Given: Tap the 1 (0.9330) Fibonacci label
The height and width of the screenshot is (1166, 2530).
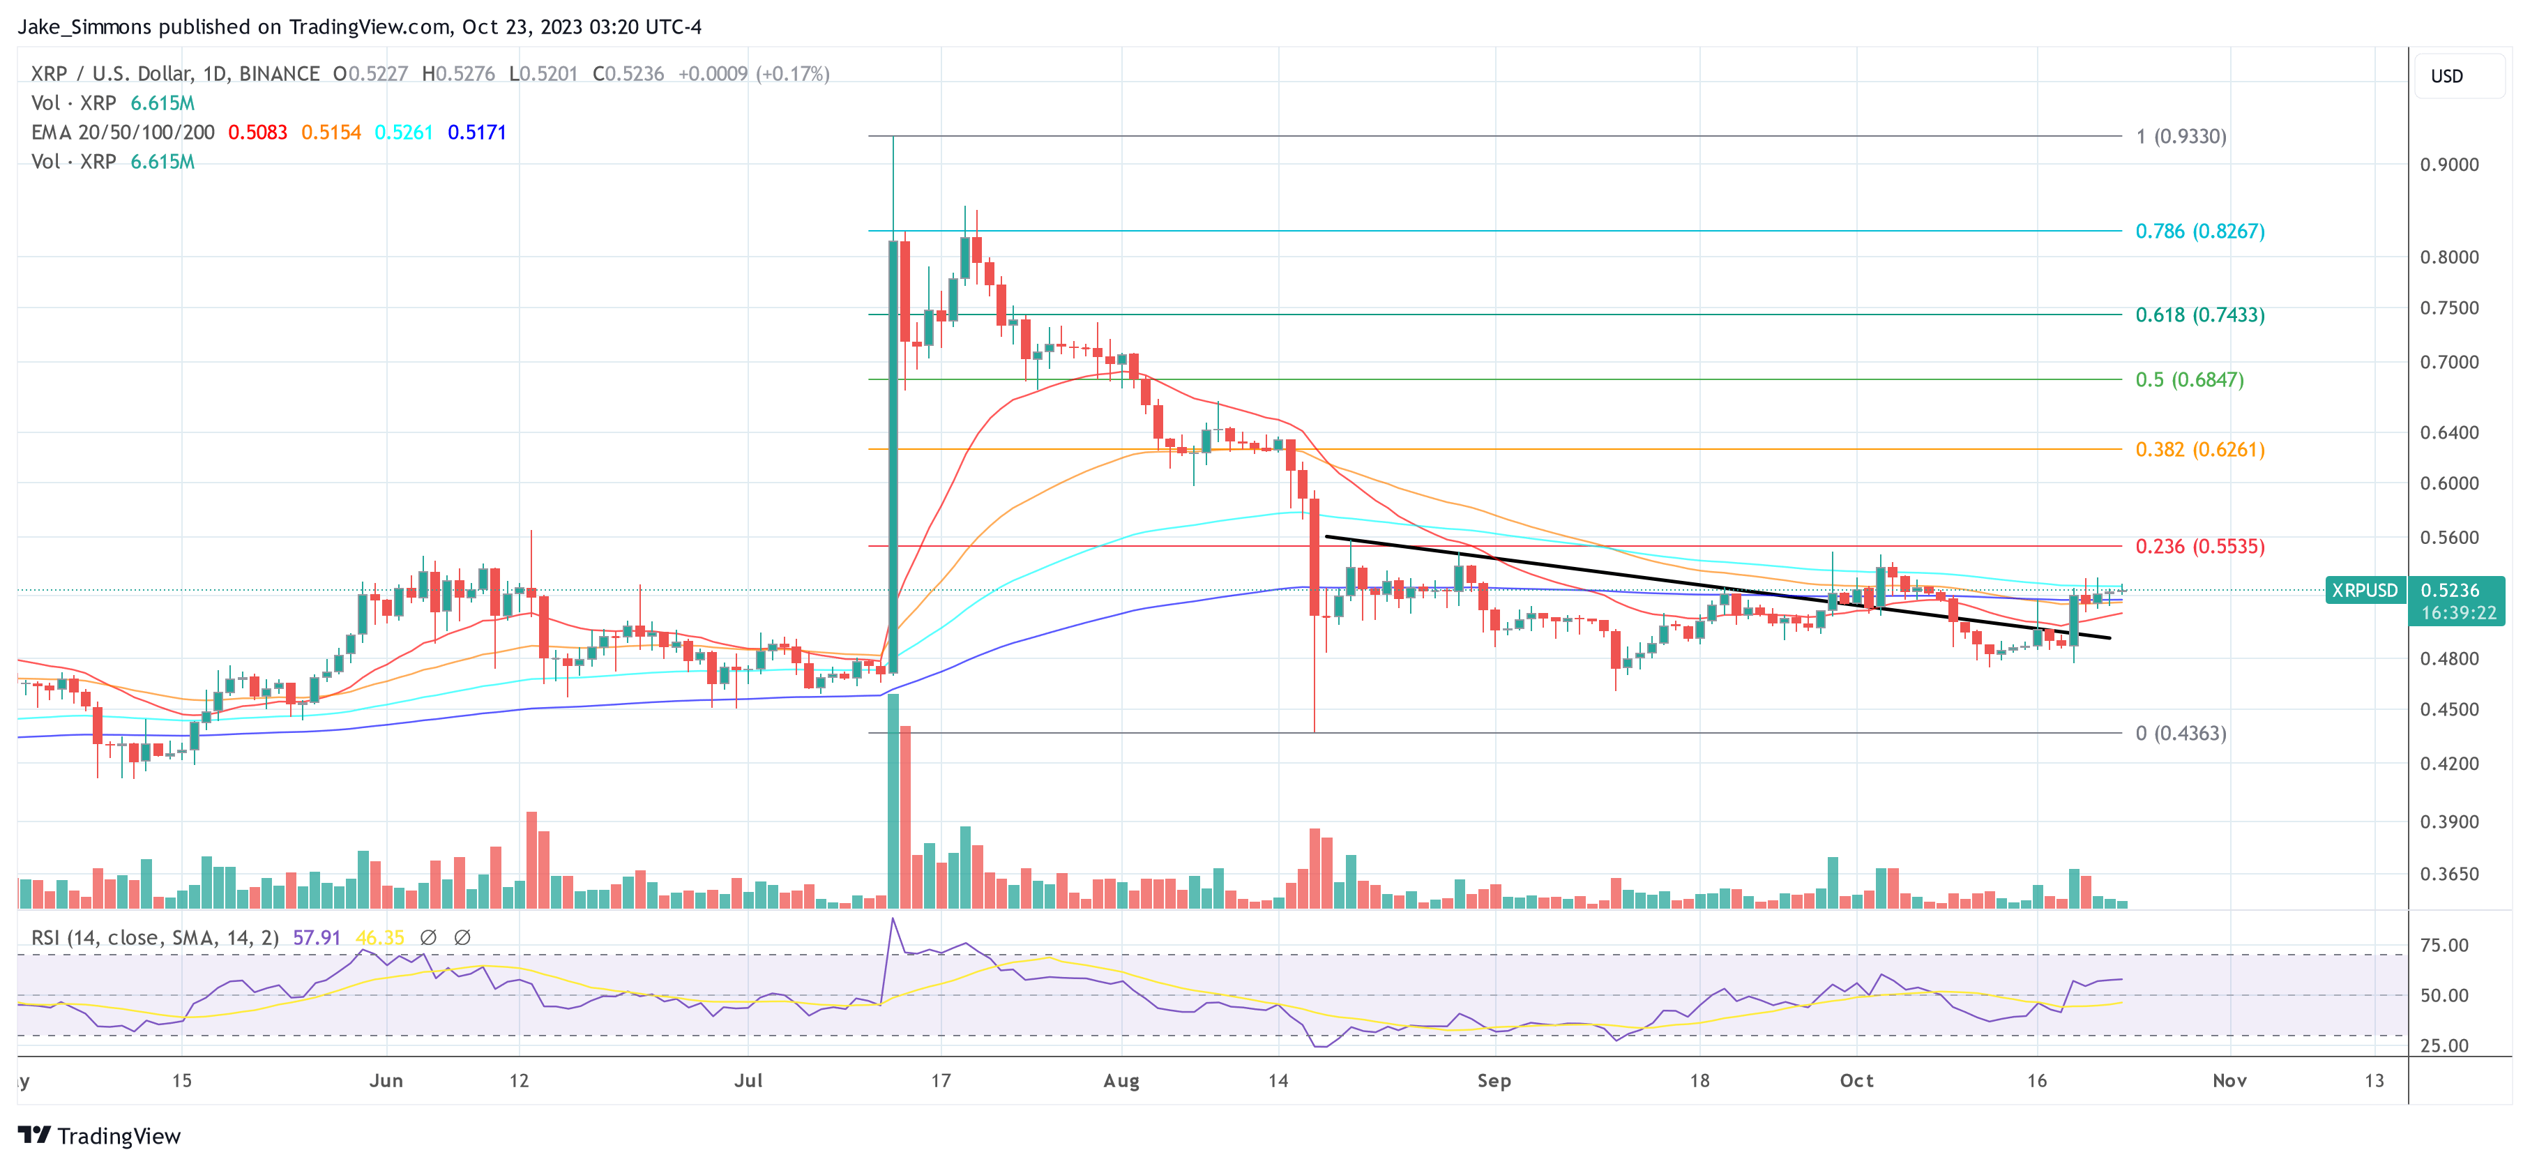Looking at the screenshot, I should [2181, 137].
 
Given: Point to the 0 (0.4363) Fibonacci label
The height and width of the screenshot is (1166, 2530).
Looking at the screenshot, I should [2181, 734].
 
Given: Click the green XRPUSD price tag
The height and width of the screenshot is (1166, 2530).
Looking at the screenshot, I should [2364, 591].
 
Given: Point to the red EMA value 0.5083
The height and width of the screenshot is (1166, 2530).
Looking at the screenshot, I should [257, 132].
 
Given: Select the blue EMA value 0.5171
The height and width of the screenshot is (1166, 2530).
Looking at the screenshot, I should [476, 132].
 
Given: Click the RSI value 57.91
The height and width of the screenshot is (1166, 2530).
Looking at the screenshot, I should [317, 938].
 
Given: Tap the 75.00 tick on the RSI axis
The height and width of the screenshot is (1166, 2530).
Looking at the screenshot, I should [2444, 946].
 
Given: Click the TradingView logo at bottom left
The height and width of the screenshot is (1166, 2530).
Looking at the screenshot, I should [99, 1137].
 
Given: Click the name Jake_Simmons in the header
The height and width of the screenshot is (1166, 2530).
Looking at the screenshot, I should [84, 27].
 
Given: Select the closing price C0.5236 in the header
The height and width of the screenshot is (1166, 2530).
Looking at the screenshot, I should [628, 74].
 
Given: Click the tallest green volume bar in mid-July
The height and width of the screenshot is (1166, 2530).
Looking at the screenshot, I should [893, 801].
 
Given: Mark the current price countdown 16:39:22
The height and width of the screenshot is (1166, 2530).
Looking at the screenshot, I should [2457, 613].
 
